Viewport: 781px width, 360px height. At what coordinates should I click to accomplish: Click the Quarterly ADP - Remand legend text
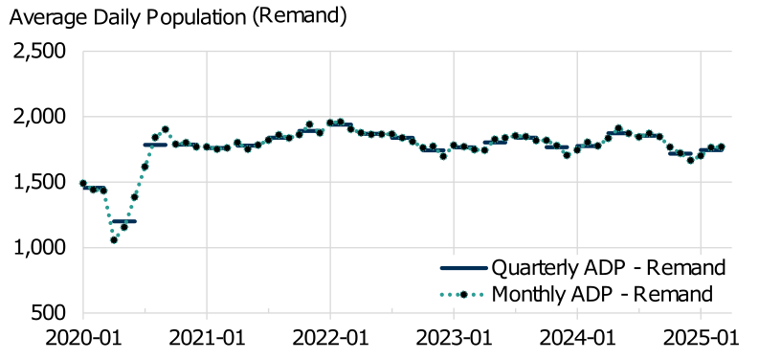(x=606, y=266)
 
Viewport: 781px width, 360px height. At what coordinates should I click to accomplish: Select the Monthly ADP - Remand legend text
(x=602, y=293)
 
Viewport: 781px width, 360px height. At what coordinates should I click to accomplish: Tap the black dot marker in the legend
(x=462, y=294)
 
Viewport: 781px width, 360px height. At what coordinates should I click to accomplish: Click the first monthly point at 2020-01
(x=83, y=183)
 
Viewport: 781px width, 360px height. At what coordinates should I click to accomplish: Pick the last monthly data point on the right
(x=722, y=146)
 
